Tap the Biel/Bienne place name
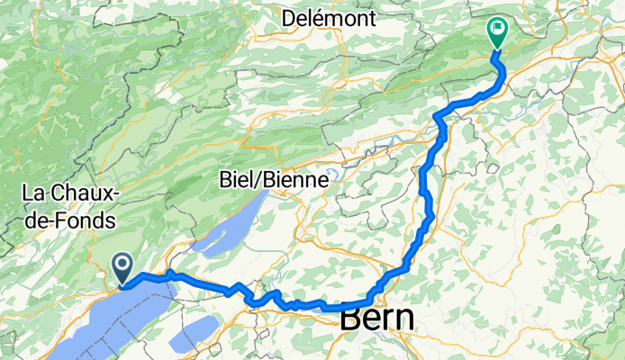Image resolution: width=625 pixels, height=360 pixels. (x=273, y=180)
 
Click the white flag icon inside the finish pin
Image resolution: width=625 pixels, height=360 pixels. (x=496, y=29)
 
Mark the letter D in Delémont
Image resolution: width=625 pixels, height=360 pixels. (x=288, y=17)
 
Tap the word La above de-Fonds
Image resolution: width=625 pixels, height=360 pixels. (x=34, y=193)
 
